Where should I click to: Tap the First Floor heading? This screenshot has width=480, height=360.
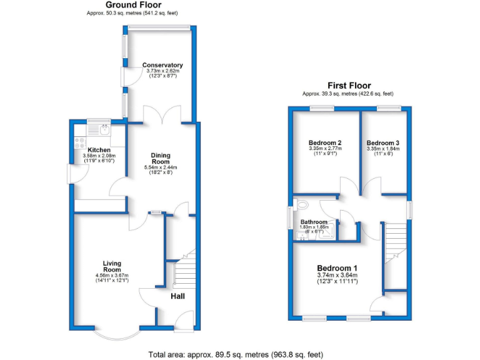point(349,86)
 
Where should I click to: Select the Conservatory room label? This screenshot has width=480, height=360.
point(162,65)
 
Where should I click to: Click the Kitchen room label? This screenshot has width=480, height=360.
point(99,150)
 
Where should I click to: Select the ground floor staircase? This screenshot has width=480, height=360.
point(183,275)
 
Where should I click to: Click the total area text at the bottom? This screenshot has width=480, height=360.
point(236,354)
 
